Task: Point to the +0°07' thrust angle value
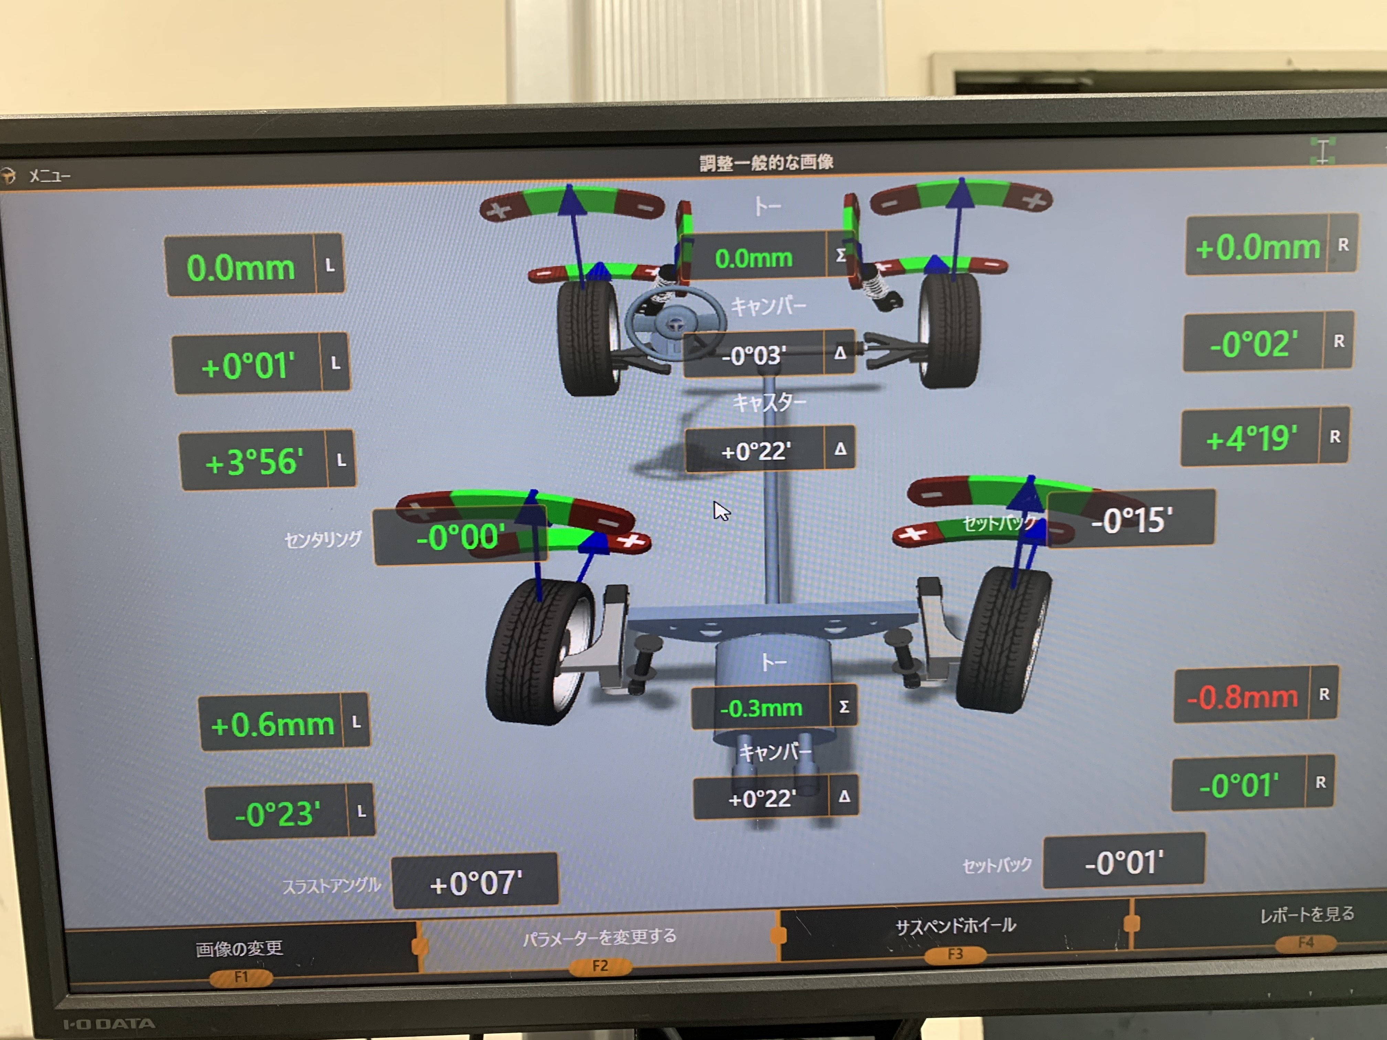click(x=475, y=882)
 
